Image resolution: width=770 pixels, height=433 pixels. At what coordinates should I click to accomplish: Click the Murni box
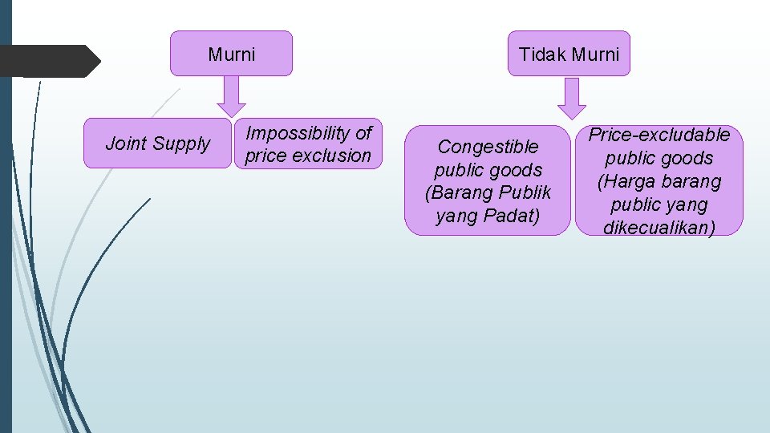click(x=231, y=54)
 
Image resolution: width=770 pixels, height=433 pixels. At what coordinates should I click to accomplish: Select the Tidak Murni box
click(x=569, y=54)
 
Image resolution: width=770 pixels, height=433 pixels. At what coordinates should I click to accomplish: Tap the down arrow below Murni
click(x=231, y=95)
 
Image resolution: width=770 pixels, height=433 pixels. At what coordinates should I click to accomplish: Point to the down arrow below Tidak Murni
click(x=572, y=98)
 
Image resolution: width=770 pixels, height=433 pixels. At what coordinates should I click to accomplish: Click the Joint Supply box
click(x=157, y=144)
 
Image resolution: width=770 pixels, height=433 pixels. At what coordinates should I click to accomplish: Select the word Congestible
click(x=488, y=147)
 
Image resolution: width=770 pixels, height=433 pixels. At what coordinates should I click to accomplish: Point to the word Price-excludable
click(x=659, y=135)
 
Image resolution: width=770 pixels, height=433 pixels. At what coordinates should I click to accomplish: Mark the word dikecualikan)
click(x=659, y=228)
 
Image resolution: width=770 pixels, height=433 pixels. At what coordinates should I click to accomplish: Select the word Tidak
click(x=542, y=55)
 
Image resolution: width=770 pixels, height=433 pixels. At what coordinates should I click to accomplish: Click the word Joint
click(x=126, y=144)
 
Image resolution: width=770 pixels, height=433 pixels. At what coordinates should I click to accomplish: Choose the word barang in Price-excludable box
click(x=691, y=181)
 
